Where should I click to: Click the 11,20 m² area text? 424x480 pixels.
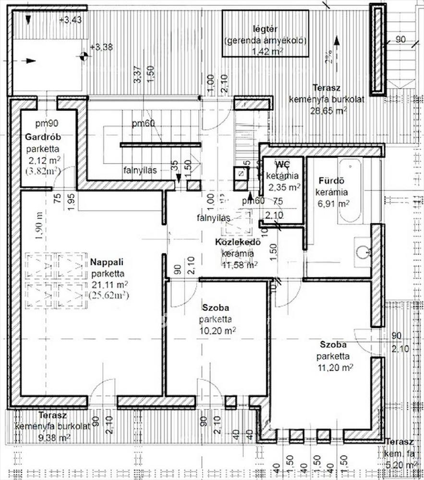335,367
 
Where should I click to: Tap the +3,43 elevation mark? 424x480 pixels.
70,20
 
